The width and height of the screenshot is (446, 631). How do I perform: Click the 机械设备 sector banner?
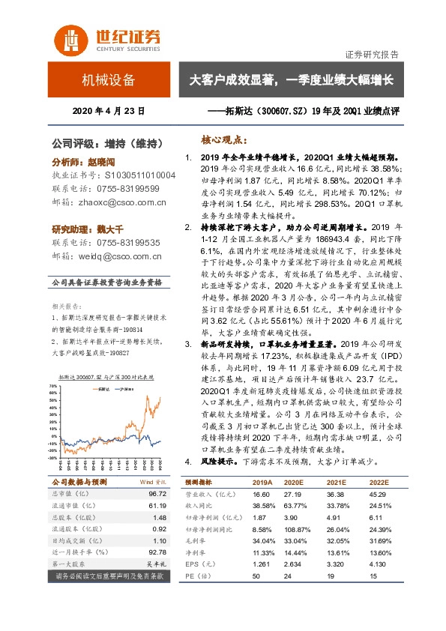[x=109, y=80]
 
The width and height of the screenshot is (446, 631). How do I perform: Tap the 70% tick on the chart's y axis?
[x=52, y=385]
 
